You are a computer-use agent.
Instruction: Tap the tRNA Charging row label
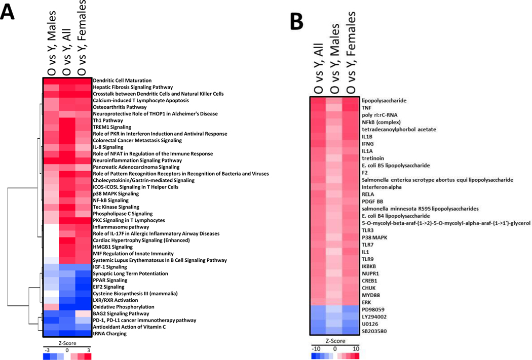110,334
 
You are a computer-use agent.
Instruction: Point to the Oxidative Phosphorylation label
124,307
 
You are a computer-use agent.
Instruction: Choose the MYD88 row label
370,295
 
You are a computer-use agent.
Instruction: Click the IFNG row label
367,144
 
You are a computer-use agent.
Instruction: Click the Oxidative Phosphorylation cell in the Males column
50,307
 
